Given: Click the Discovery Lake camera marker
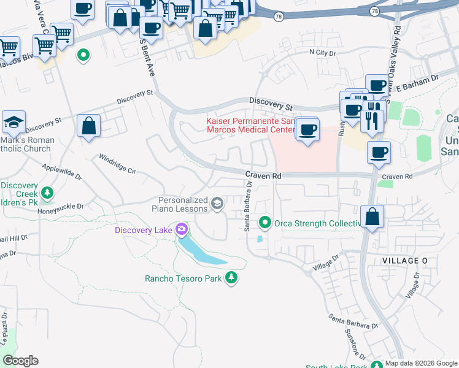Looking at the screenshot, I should click(x=180, y=230).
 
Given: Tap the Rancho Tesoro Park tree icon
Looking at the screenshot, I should click(x=231, y=278).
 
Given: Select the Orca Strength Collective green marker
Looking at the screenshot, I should click(x=265, y=222).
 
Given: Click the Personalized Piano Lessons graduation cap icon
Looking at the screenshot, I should click(x=217, y=203).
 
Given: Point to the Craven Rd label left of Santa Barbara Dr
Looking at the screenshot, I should click(x=263, y=175).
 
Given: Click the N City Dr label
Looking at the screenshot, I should click(x=323, y=53).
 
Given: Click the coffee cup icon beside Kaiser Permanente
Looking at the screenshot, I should click(x=307, y=129).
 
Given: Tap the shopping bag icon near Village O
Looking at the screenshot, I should click(x=372, y=216).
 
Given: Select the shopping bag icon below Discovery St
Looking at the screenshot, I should click(x=89, y=126).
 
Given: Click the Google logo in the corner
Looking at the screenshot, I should click(x=20, y=361).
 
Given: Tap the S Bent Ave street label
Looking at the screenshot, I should click(x=147, y=58).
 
